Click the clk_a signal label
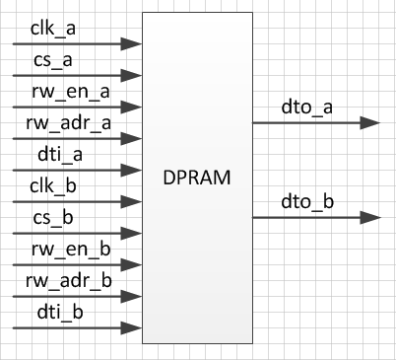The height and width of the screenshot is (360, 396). [x=53, y=28]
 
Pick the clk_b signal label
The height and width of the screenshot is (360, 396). [x=53, y=185]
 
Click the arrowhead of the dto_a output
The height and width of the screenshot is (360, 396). [x=370, y=123]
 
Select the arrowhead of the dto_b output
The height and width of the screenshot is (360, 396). [x=370, y=217]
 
